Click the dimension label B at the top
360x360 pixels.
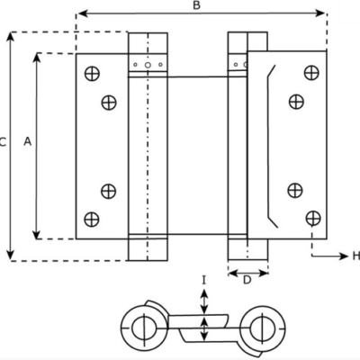(x=196, y=5)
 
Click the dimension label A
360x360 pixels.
(x=28, y=141)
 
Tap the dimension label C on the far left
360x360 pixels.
(x=3, y=141)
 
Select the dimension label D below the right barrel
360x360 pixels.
(x=247, y=280)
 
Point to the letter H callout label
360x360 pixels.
(x=356, y=256)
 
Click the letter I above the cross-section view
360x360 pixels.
(x=204, y=281)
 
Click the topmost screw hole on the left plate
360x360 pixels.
(x=92, y=74)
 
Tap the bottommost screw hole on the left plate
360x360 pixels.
(x=92, y=220)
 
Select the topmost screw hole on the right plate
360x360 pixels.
(x=311, y=73)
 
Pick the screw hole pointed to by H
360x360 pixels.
(x=313, y=218)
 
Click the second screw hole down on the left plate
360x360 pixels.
(x=109, y=103)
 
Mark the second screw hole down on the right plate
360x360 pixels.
(x=296, y=102)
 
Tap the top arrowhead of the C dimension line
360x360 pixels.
(x=11, y=37)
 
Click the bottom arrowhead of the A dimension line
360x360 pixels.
(x=37, y=234)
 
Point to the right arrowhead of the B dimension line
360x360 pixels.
(x=320, y=13)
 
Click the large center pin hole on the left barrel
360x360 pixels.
(x=148, y=65)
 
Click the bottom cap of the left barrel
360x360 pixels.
(x=148, y=249)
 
